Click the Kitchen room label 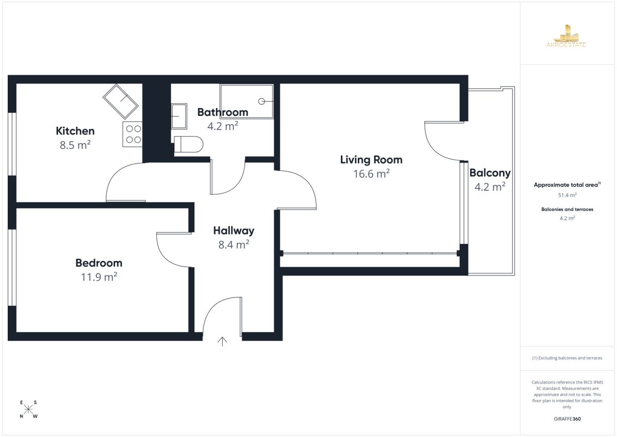click(75, 131)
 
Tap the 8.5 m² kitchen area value click(75, 145)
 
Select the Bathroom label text click(223, 112)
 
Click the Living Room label click(371, 160)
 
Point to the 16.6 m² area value click(371, 173)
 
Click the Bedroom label click(99, 263)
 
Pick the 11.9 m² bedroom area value click(99, 277)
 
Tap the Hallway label click(234, 231)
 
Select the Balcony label click(490, 173)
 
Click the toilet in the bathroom click(189, 144)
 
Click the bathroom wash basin click(179, 116)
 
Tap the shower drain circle click(261, 101)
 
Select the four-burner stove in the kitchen click(133, 134)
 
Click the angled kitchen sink click(120, 102)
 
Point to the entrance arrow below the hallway click(222, 341)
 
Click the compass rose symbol click(28, 409)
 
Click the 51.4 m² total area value click(568, 195)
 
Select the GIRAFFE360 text click(567, 419)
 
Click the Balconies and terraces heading click(568, 209)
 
